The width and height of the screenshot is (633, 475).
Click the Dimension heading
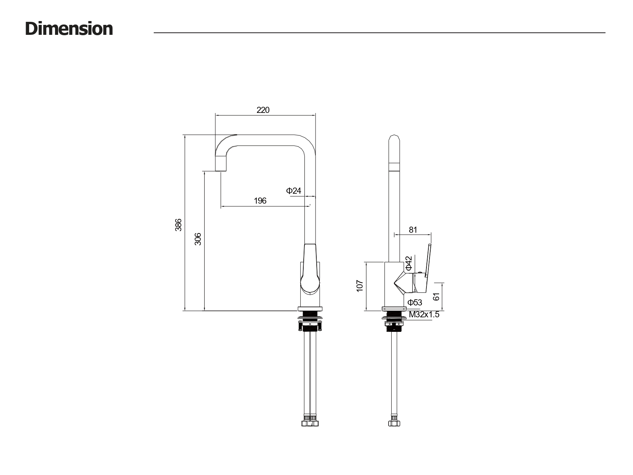(x=69, y=29)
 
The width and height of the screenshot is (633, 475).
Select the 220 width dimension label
(x=263, y=110)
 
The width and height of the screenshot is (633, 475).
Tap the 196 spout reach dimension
(x=260, y=201)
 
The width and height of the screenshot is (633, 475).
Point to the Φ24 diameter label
(x=294, y=191)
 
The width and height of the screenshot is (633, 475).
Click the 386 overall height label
(x=178, y=225)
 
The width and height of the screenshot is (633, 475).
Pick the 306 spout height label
(x=198, y=239)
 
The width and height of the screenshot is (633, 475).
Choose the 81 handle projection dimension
(x=413, y=230)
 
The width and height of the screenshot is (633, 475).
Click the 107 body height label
(x=360, y=286)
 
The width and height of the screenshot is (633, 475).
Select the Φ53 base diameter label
(x=415, y=302)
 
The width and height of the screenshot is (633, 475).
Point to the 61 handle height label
(x=437, y=296)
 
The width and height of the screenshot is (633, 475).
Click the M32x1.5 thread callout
(x=424, y=315)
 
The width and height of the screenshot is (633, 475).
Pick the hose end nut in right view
(x=394, y=423)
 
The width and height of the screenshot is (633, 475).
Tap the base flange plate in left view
(x=310, y=309)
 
